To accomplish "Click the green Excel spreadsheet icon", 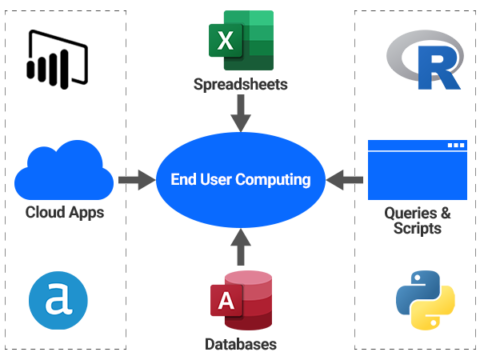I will [x=241, y=40].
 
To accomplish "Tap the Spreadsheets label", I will [x=241, y=85].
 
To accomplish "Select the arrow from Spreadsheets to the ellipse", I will [x=241, y=112].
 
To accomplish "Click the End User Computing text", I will [x=241, y=180].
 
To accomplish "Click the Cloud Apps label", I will [x=65, y=213].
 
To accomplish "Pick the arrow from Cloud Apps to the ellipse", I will [x=134, y=180].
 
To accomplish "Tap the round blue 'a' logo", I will [x=58, y=302].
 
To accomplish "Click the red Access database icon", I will [x=241, y=300].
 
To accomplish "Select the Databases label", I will [x=241, y=345].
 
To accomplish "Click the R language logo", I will [x=425, y=60].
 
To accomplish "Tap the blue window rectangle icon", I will [x=417, y=170].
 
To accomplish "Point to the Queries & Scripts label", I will [x=417, y=220].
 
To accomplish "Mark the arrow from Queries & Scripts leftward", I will [x=346, y=180].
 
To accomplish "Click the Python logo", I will [x=425, y=300].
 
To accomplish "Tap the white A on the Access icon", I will [x=224, y=302].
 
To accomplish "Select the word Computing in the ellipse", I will [x=274, y=180].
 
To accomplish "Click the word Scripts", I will [x=417, y=228].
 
